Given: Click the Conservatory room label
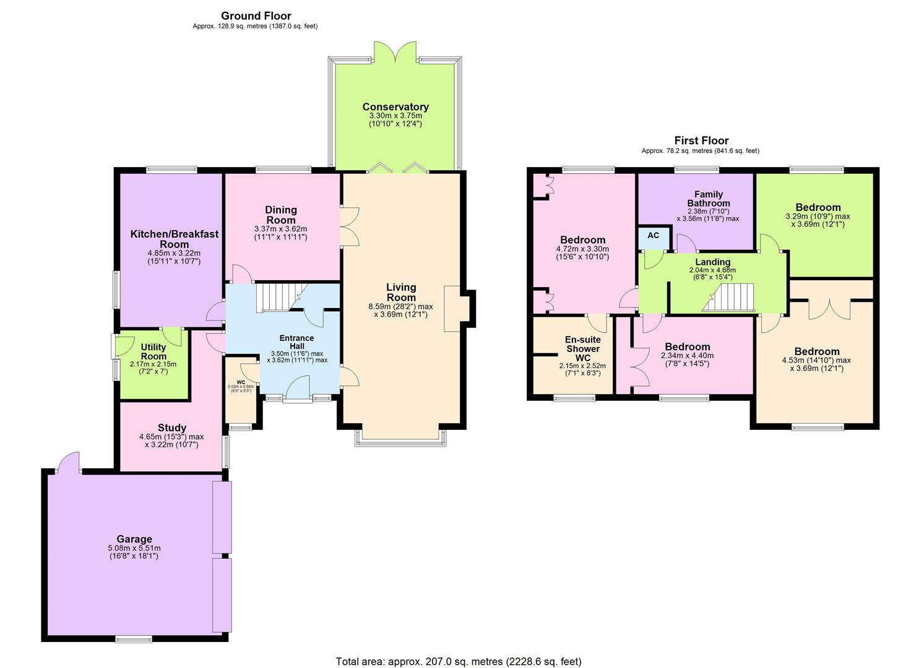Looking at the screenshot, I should tap(395, 107).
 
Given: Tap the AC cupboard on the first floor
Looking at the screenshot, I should tap(653, 236).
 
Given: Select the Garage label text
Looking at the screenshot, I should tap(134, 539).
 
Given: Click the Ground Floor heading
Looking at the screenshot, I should tap(256, 16).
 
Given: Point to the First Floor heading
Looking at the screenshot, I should tap(701, 140).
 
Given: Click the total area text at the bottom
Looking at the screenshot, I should tap(459, 661).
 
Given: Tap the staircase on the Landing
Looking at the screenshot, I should tap(731, 298).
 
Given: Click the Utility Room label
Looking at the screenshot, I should tap(153, 352).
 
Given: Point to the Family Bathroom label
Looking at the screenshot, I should tap(709, 199).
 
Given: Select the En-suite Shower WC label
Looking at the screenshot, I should tap(583, 348).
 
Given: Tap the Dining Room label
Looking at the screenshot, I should tap(281, 215).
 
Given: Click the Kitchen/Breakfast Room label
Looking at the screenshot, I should tap(174, 239).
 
